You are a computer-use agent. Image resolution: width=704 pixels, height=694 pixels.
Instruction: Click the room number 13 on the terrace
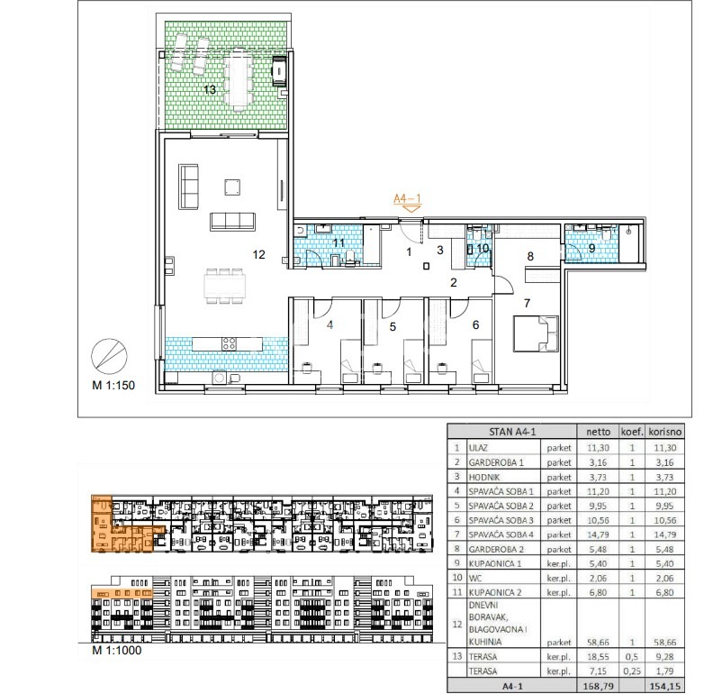coord(210,90)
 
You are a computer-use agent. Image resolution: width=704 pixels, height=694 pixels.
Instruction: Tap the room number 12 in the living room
coord(258,255)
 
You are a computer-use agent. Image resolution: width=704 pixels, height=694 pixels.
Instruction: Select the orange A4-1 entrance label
coord(407,198)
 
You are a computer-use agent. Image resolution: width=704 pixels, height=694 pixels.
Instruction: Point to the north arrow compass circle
coord(109,356)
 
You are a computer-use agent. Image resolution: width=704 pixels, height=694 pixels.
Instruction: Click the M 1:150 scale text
coord(113,385)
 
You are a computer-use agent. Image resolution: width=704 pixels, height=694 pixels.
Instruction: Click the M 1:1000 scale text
coord(117,651)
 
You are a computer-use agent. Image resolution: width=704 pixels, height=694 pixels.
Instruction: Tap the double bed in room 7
coord(536,333)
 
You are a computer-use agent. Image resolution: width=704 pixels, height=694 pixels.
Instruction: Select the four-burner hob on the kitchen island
coord(229,344)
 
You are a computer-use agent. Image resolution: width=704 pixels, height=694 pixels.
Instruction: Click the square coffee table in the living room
coord(232,187)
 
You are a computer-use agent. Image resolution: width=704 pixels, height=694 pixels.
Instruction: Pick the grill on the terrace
coord(279,70)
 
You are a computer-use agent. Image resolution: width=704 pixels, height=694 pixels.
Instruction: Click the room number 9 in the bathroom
coord(591,248)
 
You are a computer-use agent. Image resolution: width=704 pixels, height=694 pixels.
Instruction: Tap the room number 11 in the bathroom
coord(338,243)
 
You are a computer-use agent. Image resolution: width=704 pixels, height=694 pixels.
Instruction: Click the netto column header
coord(598,432)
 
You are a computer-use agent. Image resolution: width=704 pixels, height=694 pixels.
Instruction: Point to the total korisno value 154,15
coord(665,686)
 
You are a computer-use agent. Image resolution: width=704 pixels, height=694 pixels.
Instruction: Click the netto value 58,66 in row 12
coord(598,643)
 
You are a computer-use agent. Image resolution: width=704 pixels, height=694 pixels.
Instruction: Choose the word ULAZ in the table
coord(478,448)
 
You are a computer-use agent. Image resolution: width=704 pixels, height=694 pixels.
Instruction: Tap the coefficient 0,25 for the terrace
coord(632,671)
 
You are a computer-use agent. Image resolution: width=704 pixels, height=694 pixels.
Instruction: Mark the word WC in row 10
coord(475,579)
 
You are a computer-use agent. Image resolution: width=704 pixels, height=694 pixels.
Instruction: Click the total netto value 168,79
coord(598,686)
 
